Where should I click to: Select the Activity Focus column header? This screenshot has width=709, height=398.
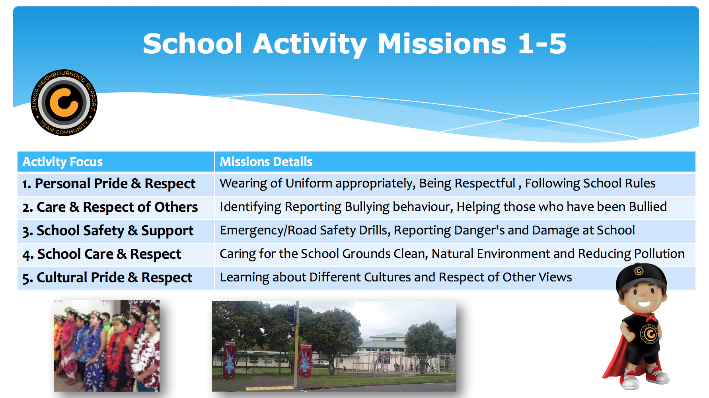point(62,162)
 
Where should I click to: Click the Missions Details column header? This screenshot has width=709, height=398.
point(266,162)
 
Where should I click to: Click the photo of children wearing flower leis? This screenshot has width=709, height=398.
point(107,345)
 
